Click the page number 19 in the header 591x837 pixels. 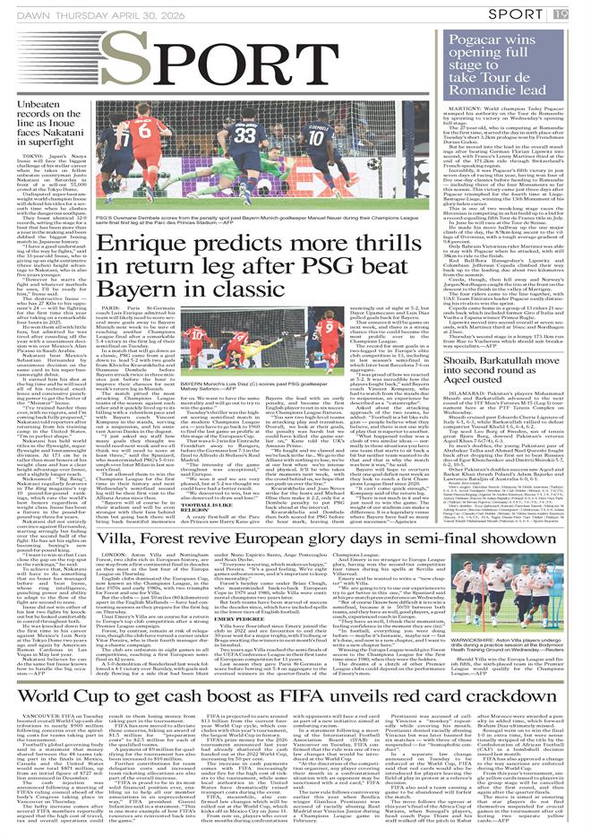(584, 13)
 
